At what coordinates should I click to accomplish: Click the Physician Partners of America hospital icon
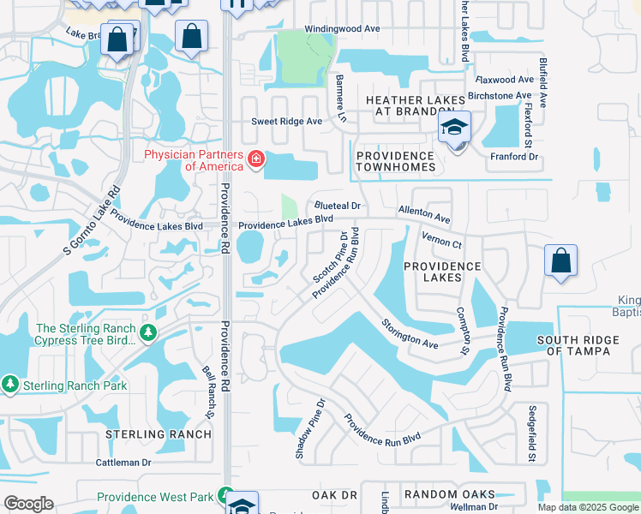click(x=255, y=159)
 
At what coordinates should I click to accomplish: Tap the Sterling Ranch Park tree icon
click(x=10, y=385)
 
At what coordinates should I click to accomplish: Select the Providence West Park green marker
click(x=225, y=497)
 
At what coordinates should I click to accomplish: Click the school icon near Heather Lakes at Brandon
click(x=454, y=129)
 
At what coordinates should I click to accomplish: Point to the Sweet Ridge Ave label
click(x=286, y=122)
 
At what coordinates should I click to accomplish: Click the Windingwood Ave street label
click(x=342, y=28)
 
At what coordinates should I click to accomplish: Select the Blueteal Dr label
click(x=337, y=206)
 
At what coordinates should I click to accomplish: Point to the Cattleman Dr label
click(x=123, y=462)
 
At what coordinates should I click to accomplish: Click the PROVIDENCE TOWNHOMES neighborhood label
click(x=395, y=161)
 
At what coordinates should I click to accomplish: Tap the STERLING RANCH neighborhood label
click(x=158, y=434)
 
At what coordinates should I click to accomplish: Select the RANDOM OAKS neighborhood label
click(x=449, y=494)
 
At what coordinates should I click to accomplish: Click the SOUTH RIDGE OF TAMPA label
click(x=578, y=346)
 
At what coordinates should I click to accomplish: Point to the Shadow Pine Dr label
click(x=310, y=427)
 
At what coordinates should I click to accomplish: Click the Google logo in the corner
click(x=28, y=503)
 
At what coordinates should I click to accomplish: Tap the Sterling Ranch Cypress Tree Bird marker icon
click(x=149, y=332)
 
